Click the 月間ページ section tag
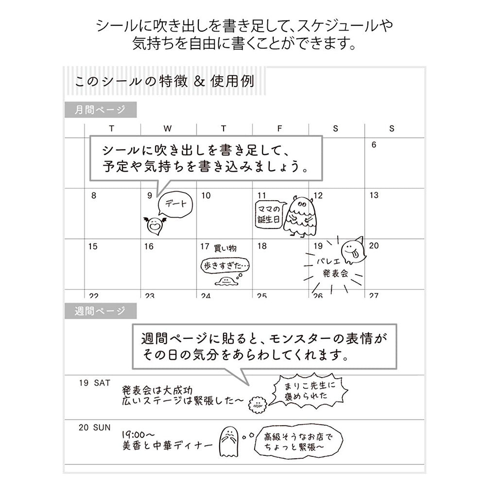coord(101,110)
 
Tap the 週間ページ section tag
coord(101,311)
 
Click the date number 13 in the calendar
coord(374,195)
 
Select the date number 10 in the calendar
coord(206,195)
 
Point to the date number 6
coord(374,145)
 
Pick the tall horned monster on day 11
coord(299,216)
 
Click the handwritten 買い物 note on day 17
coord(226,248)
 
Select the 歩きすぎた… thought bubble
coord(226,266)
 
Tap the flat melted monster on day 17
coord(226,281)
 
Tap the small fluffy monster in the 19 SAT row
coord(258,404)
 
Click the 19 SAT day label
coord(94,383)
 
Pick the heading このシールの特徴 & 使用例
coord(165,81)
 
